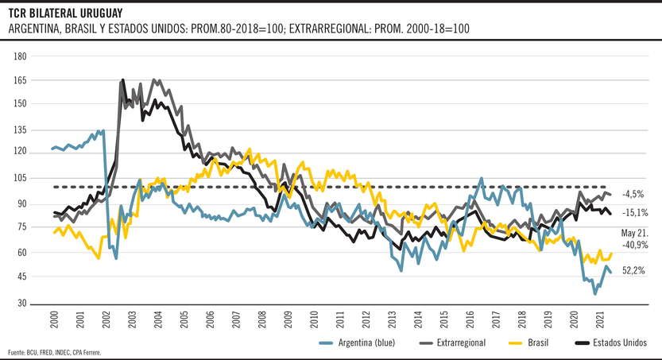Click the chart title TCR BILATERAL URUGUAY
pos(66,13)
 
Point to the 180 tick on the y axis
pos(21,56)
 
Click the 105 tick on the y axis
pos(21,180)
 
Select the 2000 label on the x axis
pos(54,319)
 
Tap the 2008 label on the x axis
pos(262,319)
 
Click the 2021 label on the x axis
pos(600,319)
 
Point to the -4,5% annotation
pos(633,194)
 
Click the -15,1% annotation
pos(635,213)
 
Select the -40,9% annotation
pos(634,246)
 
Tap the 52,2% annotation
pos(633,271)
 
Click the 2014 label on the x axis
pos(418,319)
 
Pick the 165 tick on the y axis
pos(21,80)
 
